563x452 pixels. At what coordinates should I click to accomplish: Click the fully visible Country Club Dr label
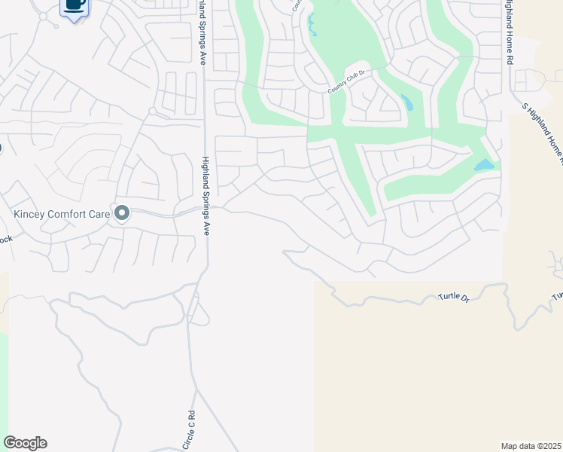pos(346,81)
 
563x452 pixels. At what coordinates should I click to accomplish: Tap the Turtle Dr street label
pos(454,298)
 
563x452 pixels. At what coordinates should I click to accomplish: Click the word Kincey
pos(29,214)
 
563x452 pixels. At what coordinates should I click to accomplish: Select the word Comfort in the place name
pos(68,214)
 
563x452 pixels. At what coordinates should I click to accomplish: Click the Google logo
pos(25,443)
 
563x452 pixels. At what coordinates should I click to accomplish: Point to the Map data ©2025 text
pos(531,445)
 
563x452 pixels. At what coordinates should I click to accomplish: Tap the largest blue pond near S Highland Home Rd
pos(484,165)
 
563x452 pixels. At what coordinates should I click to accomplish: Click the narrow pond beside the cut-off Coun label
pos(311,24)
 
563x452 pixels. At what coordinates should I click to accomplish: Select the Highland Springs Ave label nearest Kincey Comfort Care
pos(204,196)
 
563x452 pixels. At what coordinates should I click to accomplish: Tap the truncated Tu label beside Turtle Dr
pos(557,295)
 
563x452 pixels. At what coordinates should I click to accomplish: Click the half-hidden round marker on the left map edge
pos(1,148)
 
